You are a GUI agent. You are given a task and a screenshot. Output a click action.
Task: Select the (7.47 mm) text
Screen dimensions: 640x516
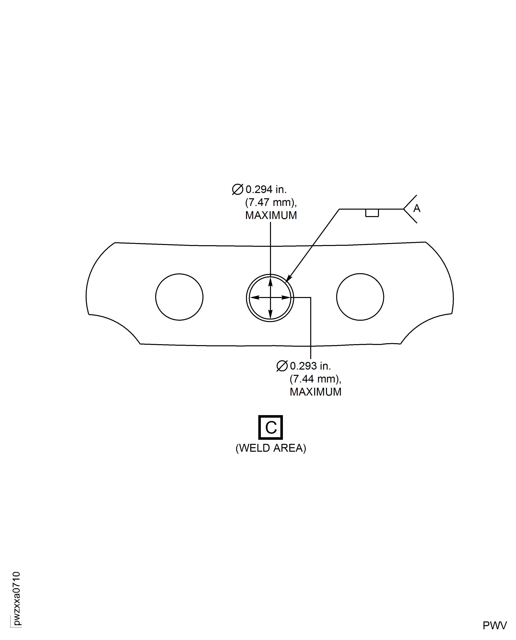(x=270, y=202)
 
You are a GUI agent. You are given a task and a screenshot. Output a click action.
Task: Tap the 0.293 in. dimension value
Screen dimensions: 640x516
(x=310, y=366)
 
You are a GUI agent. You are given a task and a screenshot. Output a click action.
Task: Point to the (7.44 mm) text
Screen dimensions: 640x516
(x=315, y=379)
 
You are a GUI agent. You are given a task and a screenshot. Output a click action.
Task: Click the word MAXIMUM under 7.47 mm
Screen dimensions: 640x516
(x=271, y=215)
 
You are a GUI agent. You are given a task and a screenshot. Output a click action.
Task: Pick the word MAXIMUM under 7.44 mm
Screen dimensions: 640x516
(x=315, y=392)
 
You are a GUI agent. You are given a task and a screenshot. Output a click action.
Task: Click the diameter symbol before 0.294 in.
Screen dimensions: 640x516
(x=237, y=189)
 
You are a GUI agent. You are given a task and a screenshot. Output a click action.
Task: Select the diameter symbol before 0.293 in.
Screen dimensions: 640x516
(x=282, y=366)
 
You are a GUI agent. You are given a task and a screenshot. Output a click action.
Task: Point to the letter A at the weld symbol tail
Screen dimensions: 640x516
(x=417, y=208)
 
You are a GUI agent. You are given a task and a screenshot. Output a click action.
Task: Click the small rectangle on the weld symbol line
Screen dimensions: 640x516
(x=372, y=213)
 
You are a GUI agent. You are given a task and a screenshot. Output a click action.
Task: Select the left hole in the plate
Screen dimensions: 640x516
(x=179, y=297)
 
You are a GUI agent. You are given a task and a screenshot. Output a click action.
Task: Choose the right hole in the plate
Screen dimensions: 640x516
(x=360, y=297)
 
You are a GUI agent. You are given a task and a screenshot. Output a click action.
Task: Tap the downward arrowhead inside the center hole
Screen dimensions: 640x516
(x=270, y=314)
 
